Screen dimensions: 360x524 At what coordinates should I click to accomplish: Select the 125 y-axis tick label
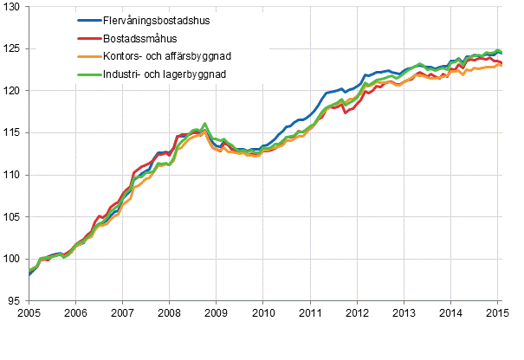16,48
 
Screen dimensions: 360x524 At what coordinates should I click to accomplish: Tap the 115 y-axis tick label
16,132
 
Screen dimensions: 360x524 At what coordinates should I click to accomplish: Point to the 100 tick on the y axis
16,260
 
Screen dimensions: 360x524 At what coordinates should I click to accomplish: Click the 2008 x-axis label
169,313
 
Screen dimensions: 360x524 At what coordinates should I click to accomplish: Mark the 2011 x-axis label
310,313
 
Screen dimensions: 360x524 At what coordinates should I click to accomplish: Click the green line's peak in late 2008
204,124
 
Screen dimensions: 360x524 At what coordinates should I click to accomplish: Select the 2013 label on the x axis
404,313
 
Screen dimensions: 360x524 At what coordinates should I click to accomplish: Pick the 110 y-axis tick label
16,175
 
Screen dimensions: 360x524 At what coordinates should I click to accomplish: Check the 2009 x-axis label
216,313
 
